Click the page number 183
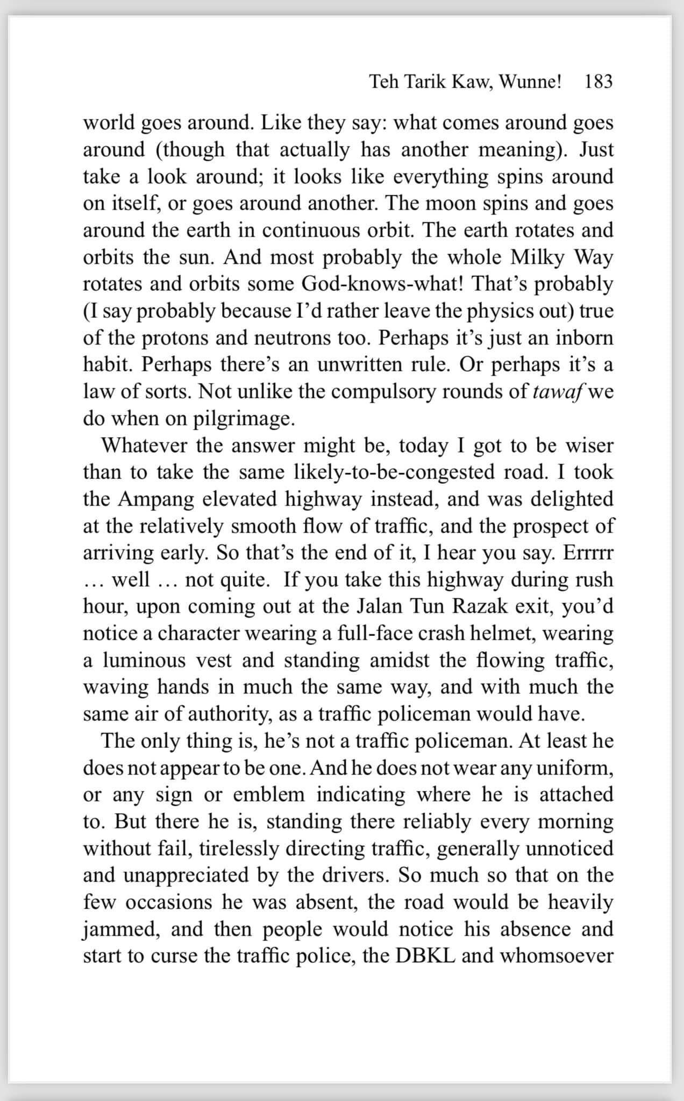click(598, 82)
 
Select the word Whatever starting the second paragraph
click(145, 446)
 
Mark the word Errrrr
click(588, 553)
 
